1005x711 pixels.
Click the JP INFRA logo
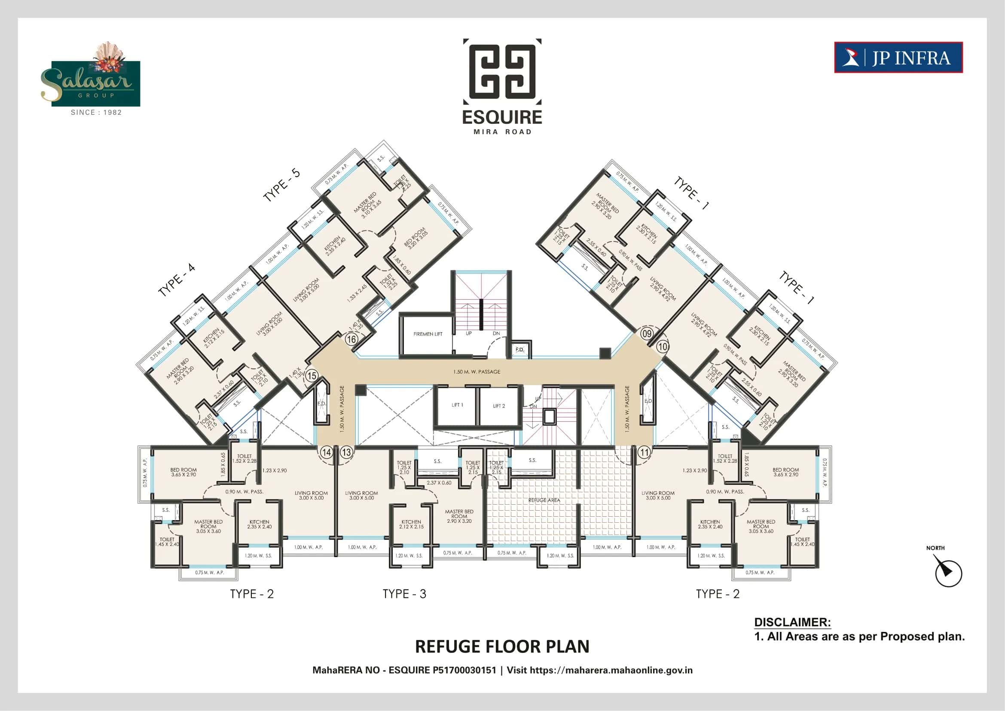tap(898, 57)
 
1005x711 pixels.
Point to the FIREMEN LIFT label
tap(428, 334)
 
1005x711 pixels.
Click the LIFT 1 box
tap(457, 405)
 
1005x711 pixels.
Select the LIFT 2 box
tap(498, 406)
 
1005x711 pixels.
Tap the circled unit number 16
tap(351, 339)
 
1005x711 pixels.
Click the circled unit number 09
tap(647, 333)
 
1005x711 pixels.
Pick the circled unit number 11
tap(644, 451)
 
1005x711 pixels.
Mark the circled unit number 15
tap(312, 376)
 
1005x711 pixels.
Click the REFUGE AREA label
tap(544, 500)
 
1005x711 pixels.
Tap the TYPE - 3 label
tap(404, 594)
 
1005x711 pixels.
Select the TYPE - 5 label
tap(281, 185)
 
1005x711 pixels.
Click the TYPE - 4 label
tap(177, 280)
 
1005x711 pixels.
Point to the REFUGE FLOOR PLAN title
tap(502, 646)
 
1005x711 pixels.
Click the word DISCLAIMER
tap(792, 622)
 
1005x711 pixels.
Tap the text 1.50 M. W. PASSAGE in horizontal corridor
tap(477, 372)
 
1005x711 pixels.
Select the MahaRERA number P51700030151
tap(464, 670)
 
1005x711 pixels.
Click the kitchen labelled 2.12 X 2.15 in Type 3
tap(411, 524)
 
